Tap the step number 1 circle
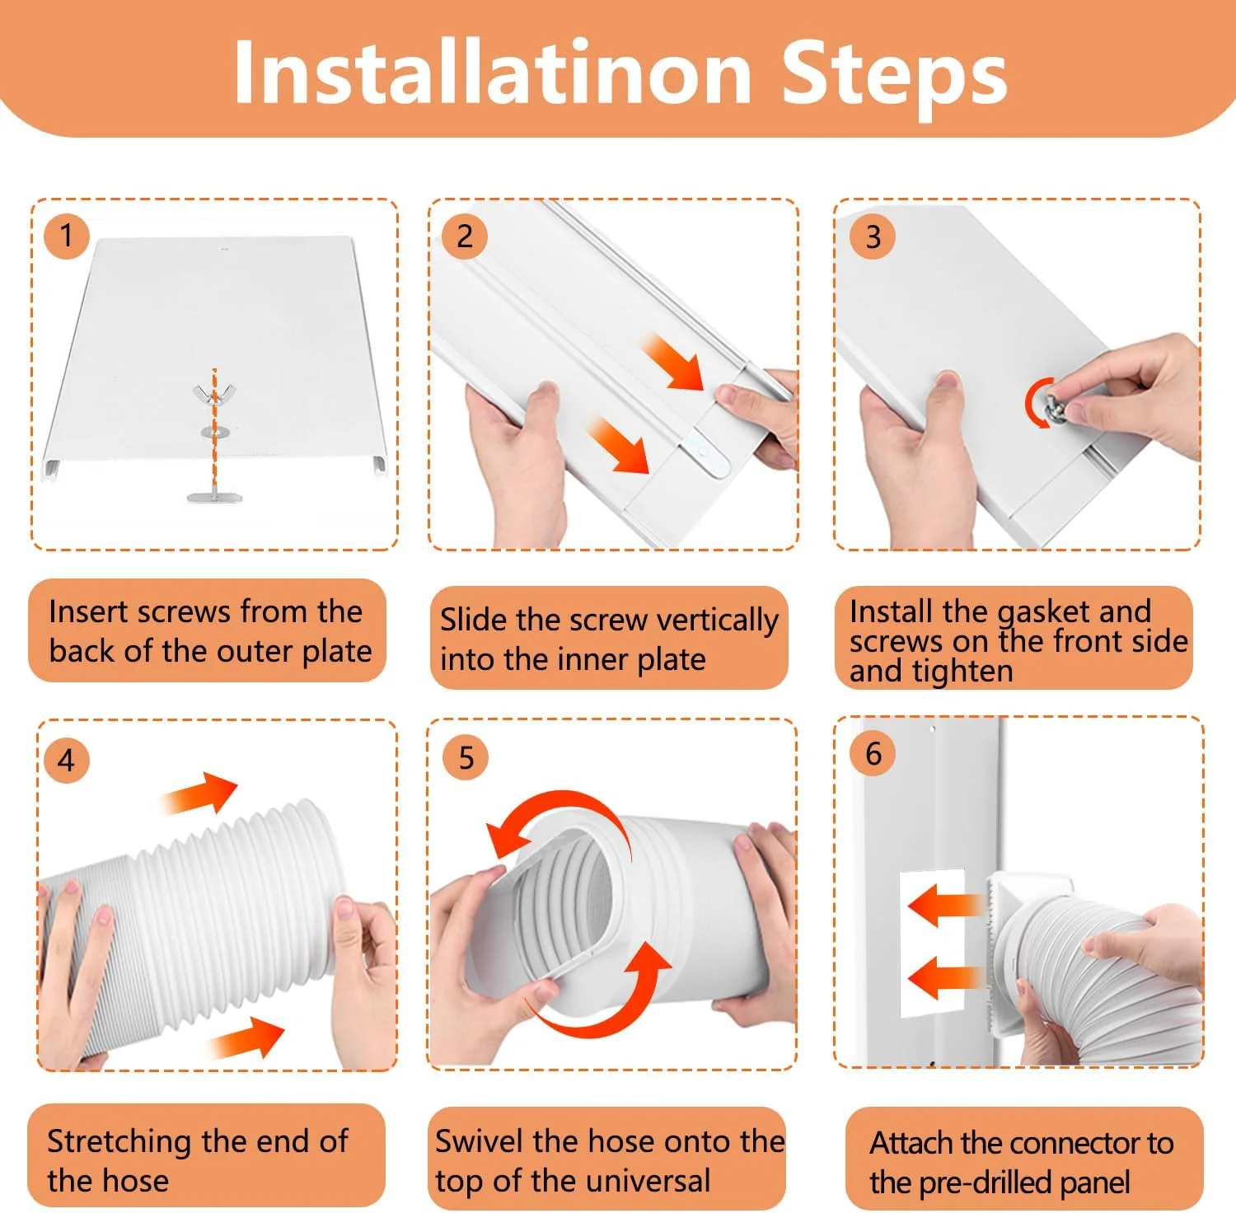tap(66, 237)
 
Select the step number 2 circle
tap(465, 237)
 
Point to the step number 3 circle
tap(873, 237)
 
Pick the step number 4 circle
tap(67, 760)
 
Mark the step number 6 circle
tap(873, 753)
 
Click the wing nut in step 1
tap(213, 395)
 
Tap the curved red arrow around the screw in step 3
tap(1032, 402)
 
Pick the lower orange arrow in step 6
tap(943, 978)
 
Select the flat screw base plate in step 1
tap(214, 497)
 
